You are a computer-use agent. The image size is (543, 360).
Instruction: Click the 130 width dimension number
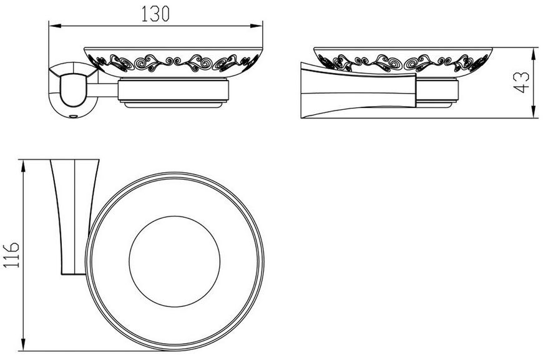click(155, 14)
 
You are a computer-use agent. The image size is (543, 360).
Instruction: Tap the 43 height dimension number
click(521, 82)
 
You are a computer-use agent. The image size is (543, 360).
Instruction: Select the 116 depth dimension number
click(11, 255)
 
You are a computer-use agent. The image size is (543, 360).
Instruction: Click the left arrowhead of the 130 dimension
click(55, 26)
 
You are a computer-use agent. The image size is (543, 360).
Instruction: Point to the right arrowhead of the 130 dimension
click(257, 26)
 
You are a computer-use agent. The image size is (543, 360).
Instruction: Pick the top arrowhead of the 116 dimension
click(23, 166)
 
